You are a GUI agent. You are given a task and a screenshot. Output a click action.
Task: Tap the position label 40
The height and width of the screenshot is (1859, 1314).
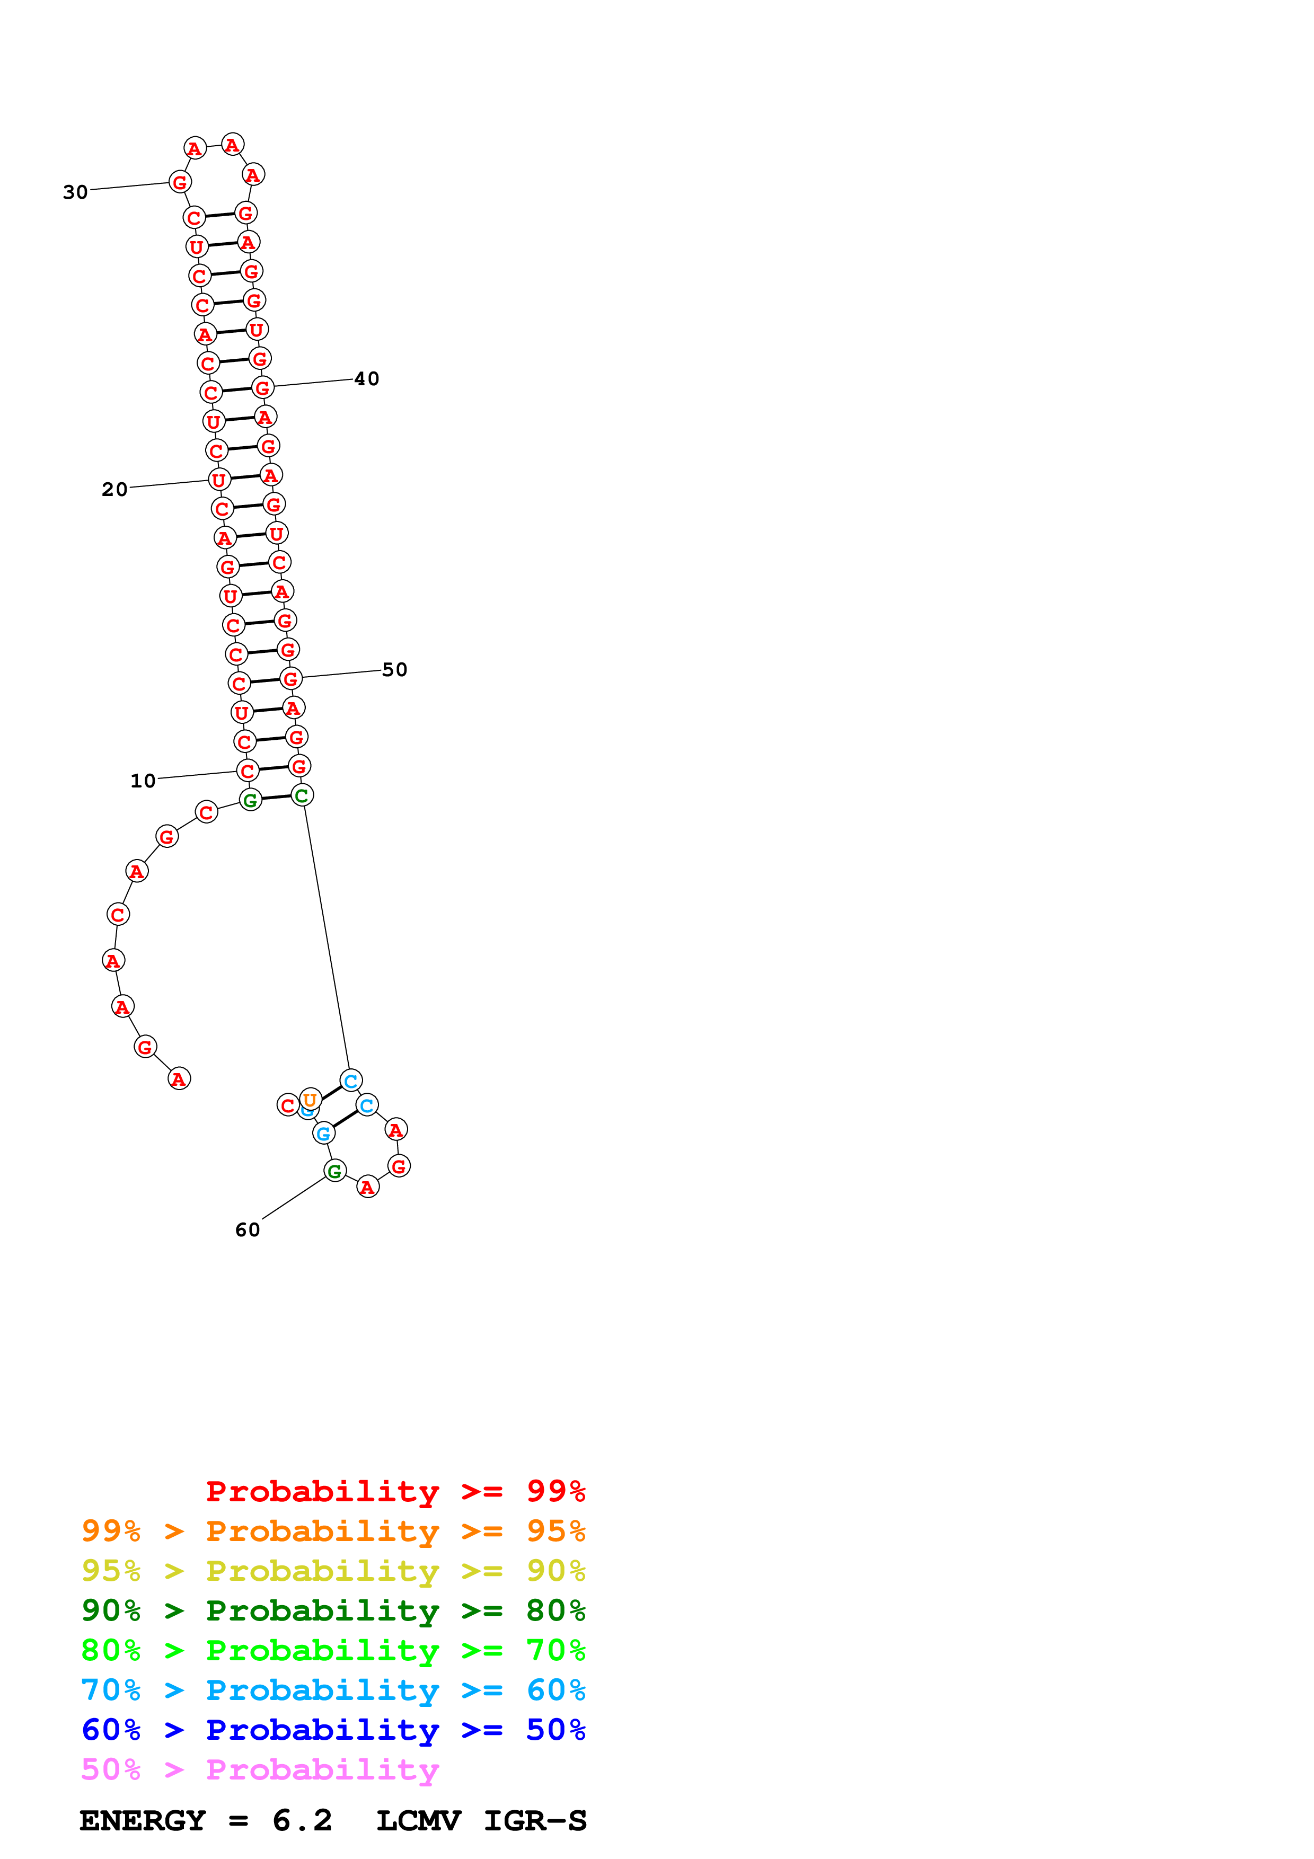tap(367, 379)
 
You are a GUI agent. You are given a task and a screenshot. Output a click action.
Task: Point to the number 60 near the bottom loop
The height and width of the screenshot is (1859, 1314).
tap(248, 1230)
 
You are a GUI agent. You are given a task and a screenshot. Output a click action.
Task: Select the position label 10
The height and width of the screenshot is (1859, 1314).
tap(143, 781)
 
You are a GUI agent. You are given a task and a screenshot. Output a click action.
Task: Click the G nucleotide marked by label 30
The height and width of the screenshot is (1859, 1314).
tap(180, 182)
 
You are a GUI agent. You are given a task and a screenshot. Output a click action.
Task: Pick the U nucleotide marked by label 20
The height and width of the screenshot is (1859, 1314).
tap(218, 480)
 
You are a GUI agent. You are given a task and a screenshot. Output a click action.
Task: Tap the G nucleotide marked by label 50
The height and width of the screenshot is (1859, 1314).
tap(290, 678)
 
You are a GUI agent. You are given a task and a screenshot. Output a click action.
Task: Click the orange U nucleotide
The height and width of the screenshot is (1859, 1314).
tap(310, 1100)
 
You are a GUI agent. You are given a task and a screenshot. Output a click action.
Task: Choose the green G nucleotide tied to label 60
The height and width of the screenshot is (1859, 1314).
tap(334, 1171)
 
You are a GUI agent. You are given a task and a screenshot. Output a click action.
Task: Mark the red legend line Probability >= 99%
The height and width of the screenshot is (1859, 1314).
tap(395, 1491)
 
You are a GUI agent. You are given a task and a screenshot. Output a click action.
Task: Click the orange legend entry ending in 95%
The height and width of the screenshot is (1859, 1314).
tap(333, 1531)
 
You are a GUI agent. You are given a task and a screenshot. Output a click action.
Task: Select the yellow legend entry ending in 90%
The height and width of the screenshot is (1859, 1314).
tap(333, 1571)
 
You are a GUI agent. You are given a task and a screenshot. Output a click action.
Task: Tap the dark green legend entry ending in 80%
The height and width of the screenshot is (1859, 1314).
tap(333, 1610)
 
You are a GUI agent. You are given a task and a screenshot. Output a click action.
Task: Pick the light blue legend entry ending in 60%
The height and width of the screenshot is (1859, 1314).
tap(333, 1690)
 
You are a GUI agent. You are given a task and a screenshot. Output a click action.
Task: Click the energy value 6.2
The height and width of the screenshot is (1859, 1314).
tap(302, 1821)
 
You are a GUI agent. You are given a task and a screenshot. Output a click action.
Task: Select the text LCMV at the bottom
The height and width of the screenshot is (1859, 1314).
tap(419, 1821)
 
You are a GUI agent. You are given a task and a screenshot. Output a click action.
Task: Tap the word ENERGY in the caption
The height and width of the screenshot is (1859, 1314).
tap(143, 1821)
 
